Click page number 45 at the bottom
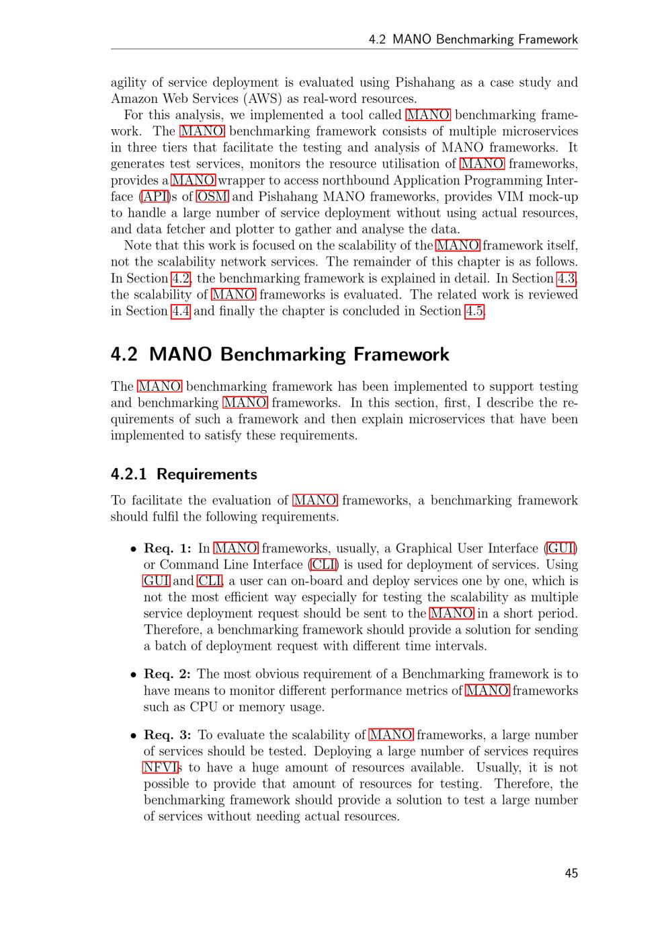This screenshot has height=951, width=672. (571, 873)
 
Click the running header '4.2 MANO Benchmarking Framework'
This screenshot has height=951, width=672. (473, 39)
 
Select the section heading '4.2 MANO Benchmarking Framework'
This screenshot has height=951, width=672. (280, 354)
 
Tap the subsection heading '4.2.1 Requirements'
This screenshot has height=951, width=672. (183, 474)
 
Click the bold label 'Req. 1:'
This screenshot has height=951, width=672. (167, 548)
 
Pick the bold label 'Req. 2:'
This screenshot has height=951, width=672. (167, 674)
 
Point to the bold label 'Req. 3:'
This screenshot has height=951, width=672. (167, 735)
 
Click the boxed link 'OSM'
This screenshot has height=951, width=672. (212, 196)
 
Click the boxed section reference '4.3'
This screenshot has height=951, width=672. (566, 278)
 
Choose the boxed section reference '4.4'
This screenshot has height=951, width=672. (180, 311)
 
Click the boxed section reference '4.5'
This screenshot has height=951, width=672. (474, 311)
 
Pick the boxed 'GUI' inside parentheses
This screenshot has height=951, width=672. (561, 548)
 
